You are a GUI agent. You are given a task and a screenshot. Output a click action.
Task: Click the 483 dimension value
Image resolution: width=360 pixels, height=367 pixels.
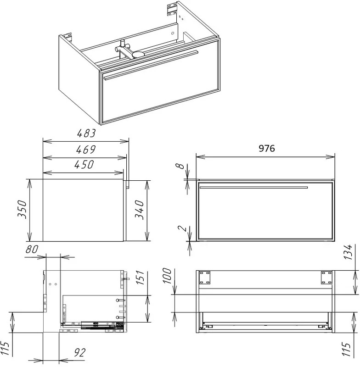pos(86,133)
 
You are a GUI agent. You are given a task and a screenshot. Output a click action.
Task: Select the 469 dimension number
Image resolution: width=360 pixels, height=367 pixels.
pos(86,150)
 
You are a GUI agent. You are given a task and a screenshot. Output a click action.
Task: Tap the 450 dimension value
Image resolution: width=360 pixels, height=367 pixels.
pos(84,165)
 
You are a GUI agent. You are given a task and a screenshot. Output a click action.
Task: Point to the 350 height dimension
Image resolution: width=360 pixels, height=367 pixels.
pos(22,209)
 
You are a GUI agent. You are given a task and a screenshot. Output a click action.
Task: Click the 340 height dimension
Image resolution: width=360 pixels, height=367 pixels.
pos(139,210)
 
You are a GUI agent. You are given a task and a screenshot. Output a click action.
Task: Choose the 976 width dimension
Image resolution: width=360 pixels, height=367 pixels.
pos(266,148)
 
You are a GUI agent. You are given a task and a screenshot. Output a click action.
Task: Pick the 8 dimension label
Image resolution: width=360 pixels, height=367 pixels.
pos(180,166)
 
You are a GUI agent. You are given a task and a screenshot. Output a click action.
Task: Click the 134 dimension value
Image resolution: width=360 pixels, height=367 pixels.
pos(348,252)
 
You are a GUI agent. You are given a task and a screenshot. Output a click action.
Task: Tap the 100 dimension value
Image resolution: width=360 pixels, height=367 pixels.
pos(167,276)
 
